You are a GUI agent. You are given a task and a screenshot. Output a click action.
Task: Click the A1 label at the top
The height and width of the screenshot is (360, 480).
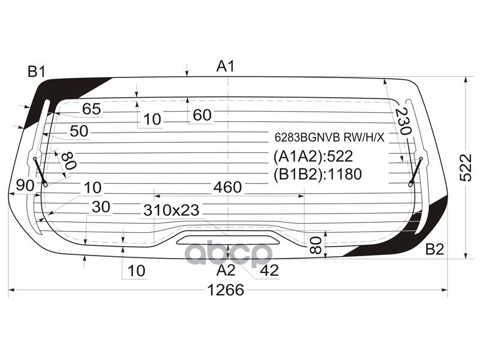coord(225,67)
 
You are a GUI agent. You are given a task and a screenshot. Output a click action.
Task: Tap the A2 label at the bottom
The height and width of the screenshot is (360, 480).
coord(226,270)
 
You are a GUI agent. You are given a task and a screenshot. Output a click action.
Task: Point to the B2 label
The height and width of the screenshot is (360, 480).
coord(434,250)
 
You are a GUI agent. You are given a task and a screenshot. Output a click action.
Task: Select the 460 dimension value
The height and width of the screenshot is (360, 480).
coord(227,187)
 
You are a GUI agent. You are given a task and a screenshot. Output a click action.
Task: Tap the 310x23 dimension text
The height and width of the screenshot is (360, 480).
coord(171,210)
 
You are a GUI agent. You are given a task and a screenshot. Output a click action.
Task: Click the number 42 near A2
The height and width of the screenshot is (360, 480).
coord(269,271)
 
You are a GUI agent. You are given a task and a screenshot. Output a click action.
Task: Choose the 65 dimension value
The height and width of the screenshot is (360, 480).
coord(92,109)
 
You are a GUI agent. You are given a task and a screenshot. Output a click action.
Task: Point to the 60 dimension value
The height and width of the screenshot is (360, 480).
coord(202,115)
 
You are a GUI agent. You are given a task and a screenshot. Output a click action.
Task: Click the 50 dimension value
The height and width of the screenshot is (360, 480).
coord(79,131)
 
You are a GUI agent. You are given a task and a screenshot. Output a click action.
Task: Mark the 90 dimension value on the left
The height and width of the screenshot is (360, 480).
coord(25,186)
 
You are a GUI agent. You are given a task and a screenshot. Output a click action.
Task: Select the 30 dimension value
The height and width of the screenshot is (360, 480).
coord(101,207)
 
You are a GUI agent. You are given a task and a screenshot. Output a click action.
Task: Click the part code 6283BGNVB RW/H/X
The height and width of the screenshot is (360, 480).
coord(329,137)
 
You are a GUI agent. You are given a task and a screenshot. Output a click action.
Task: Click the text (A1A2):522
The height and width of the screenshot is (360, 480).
coord(313,157)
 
